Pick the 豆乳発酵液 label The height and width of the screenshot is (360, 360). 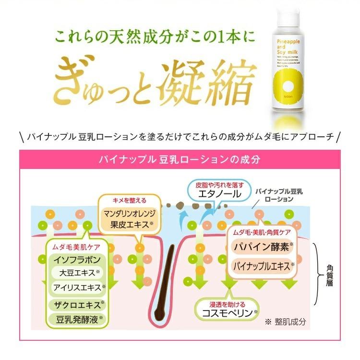point(77,318)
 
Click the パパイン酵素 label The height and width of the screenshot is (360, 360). point(263,247)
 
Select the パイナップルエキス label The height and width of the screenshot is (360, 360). point(263,265)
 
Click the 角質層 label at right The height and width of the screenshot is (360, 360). point(331,274)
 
